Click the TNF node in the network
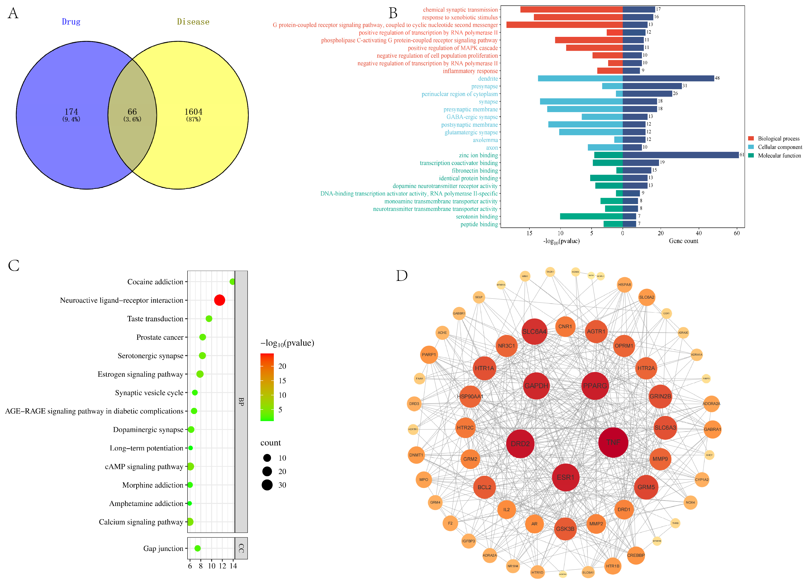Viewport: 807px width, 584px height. [x=613, y=442]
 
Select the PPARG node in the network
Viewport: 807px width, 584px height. [x=595, y=386]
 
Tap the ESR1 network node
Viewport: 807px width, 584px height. [x=565, y=477]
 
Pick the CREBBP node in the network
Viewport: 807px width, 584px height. [x=636, y=555]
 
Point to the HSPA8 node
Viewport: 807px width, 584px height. [x=624, y=285]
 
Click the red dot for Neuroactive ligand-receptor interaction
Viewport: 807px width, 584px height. [x=219, y=300]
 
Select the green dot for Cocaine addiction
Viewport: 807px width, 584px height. [x=232, y=282]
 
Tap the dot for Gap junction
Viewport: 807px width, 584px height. [x=197, y=548]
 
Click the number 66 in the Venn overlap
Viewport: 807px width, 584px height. [x=132, y=112]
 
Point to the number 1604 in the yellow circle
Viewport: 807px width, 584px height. [x=193, y=112]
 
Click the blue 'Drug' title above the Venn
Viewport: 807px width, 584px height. [x=71, y=22]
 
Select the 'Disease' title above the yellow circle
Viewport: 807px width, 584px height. [x=193, y=22]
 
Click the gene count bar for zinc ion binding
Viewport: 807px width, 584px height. [x=680, y=155]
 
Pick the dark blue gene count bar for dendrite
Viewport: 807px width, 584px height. [x=668, y=78]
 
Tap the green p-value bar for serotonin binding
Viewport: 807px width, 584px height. [x=591, y=216]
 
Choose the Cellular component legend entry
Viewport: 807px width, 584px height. [x=779, y=147]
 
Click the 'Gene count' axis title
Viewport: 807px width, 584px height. [x=683, y=241]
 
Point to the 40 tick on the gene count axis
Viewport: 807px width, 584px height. [x=698, y=233]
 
